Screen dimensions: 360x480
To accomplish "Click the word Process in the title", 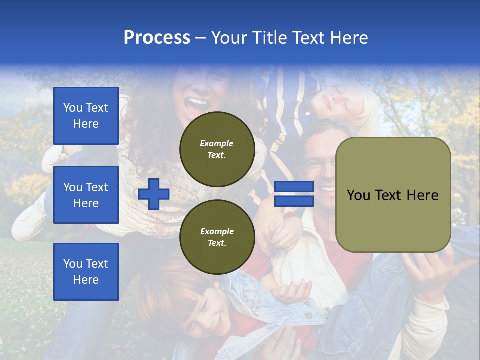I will click(157, 38).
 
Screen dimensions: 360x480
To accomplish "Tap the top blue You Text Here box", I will click(86, 116).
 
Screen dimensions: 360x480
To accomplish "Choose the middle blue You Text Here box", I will click(86, 195).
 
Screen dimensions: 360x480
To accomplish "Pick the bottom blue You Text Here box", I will click(86, 271).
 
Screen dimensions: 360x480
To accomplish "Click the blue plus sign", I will click(154, 194).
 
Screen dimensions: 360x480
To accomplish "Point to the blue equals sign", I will click(294, 194).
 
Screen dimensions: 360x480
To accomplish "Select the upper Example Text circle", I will click(217, 149).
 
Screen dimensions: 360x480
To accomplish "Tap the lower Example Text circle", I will click(217, 237).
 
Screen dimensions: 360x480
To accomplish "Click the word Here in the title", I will click(350, 38).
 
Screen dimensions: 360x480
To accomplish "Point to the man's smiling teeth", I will click(327, 189).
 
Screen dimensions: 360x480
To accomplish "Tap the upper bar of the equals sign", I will click(294, 187).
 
